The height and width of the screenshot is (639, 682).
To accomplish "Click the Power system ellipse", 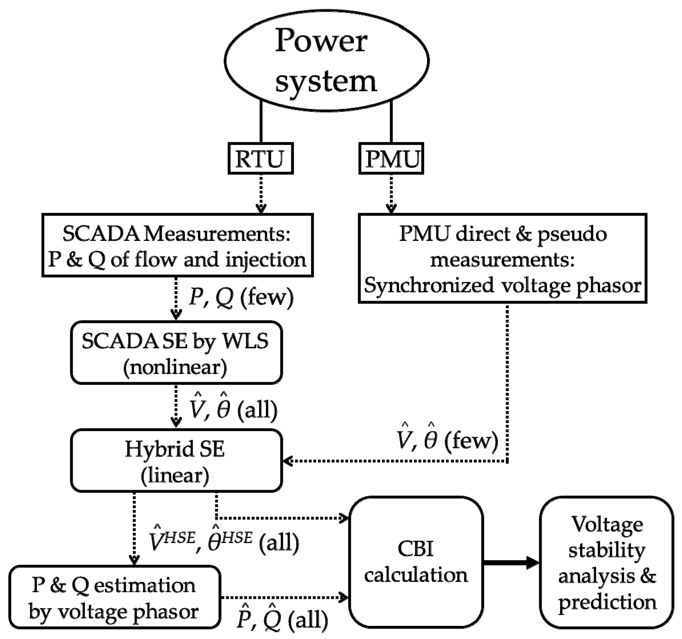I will coord(326,61).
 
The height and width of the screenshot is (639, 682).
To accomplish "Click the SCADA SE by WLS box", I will coord(176,353).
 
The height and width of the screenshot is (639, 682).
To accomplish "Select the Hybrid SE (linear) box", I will coord(176,461).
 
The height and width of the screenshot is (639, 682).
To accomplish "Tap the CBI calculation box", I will coord(416,562).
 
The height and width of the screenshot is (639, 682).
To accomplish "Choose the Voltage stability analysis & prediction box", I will coord(607,562).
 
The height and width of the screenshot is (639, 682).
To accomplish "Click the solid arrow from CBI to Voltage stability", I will coord(511,562).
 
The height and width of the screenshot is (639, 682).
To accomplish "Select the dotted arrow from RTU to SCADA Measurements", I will coord(261,194).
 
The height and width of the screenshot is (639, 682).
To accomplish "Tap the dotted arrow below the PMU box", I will coord(391,194).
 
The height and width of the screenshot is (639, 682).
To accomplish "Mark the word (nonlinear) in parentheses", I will coord(175,367).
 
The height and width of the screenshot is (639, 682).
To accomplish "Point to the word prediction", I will coord(607,602).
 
